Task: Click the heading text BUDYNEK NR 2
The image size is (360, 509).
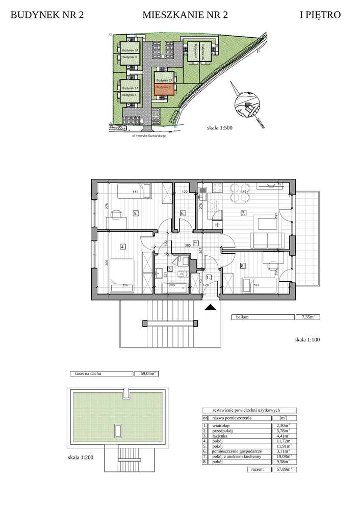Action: coord(47,15)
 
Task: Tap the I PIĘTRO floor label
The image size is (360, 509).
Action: coord(320,15)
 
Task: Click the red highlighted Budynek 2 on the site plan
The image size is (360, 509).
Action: coord(164,90)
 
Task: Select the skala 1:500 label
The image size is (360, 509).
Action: coord(220,128)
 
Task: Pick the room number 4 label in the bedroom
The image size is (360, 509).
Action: coord(122,247)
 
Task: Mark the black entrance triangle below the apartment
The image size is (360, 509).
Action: coord(210,307)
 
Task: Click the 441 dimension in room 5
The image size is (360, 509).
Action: coord(136,192)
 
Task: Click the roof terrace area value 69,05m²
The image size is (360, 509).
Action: coord(148,373)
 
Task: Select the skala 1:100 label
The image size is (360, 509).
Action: coord(307,339)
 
